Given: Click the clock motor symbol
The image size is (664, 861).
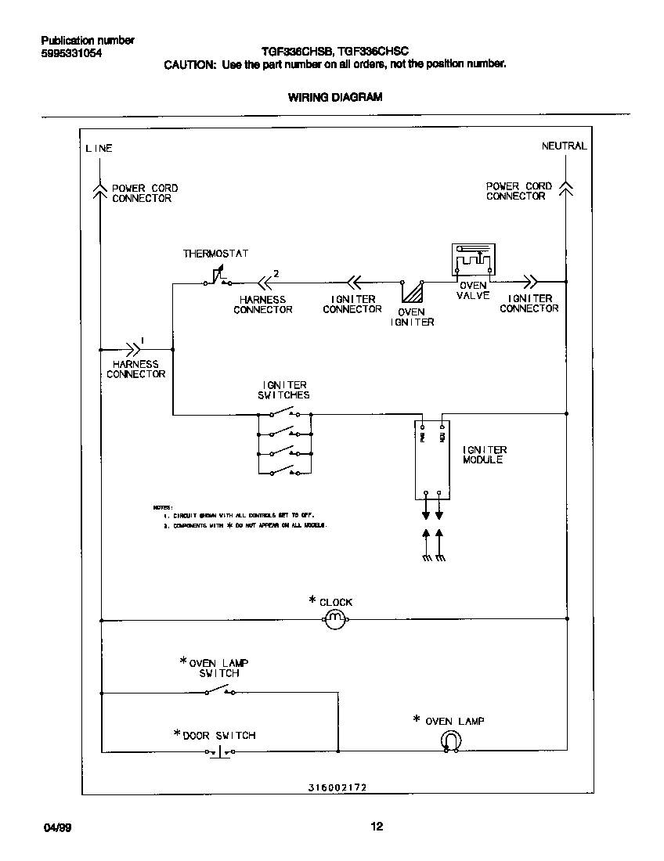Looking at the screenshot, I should [x=334, y=619].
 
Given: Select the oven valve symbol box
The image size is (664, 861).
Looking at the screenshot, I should [x=472, y=259].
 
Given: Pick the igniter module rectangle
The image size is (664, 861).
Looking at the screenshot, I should [x=432, y=459].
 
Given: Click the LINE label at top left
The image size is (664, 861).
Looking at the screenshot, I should [x=99, y=148].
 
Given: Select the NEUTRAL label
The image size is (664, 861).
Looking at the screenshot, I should [x=564, y=146].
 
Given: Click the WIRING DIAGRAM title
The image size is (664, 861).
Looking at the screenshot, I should [x=335, y=98].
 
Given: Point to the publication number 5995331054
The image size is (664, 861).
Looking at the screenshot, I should [x=70, y=53].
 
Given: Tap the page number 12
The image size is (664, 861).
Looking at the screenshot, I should [x=377, y=826].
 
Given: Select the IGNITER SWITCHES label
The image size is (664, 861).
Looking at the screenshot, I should [x=283, y=390].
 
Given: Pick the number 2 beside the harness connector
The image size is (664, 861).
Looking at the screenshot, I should [x=275, y=273].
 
